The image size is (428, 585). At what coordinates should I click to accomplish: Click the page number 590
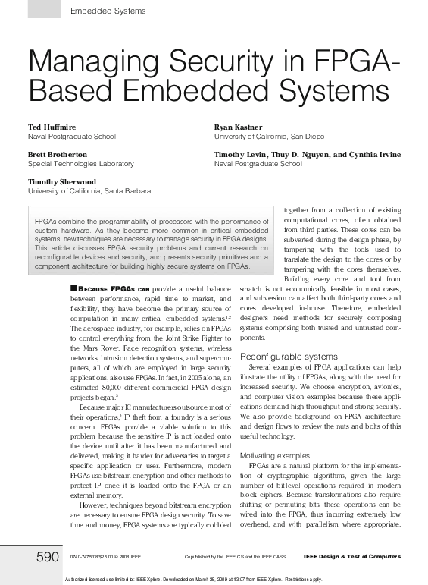coord(48,558)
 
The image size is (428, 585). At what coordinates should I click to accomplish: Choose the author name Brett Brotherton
coord(58,154)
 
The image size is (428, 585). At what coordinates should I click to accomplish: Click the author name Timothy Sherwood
coord(62,182)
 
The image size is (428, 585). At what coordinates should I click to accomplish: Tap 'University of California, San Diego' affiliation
coord(269,136)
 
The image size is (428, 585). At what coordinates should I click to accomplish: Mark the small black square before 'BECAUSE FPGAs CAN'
coord(73,288)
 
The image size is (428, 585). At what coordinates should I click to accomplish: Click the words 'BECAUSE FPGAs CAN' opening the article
coord(114,289)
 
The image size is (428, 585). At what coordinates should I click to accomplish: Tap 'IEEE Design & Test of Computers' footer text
coord(351,558)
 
